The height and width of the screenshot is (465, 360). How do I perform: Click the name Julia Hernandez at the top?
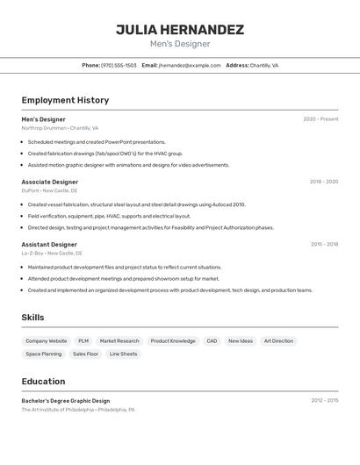tap(180, 30)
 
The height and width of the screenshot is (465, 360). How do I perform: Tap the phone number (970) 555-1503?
tap(119, 65)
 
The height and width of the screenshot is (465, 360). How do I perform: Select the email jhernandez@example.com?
tap(190, 65)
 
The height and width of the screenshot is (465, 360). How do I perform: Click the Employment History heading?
tap(65, 100)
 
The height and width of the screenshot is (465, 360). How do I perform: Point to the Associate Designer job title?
tap(50, 182)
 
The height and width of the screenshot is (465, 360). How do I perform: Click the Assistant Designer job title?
tap(49, 244)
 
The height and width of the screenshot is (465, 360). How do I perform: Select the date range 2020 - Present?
tap(320, 119)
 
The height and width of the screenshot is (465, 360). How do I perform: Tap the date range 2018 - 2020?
tap(323, 182)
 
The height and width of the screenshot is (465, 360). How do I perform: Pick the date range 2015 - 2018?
tap(324, 244)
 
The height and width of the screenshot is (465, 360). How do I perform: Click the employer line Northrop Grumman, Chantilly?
tap(60, 128)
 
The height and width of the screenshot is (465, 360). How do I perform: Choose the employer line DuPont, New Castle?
tap(49, 190)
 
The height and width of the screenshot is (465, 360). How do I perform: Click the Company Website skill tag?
tap(46, 340)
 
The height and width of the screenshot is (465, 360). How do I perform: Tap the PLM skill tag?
tap(83, 340)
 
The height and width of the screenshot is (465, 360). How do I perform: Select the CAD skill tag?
tap(212, 340)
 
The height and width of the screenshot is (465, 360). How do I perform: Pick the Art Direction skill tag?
tap(278, 340)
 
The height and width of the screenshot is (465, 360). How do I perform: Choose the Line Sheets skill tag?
tap(123, 354)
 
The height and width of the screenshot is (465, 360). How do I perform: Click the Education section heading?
tap(43, 381)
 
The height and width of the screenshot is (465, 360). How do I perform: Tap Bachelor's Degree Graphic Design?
tap(66, 400)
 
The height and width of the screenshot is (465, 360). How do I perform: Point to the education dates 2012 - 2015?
tap(324, 400)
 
